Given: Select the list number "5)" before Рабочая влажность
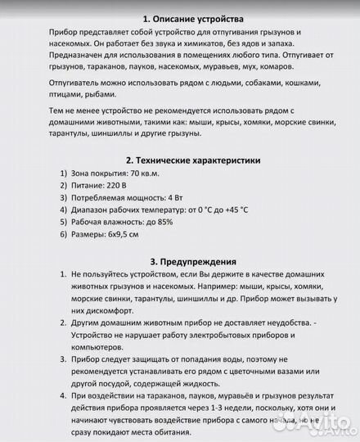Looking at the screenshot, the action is point(64,222).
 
